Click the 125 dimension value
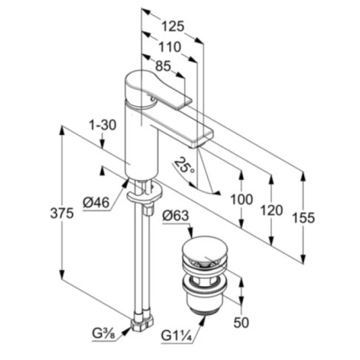pyautogui.click(x=173, y=26)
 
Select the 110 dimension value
pyautogui.click(x=170, y=46)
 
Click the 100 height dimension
pyautogui.click(x=241, y=199)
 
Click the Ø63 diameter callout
pyautogui.click(x=175, y=214)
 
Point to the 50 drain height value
pyautogui.click(x=241, y=323)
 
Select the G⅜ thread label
pyautogui.click(x=104, y=333)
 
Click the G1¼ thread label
pyautogui.click(x=177, y=334)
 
